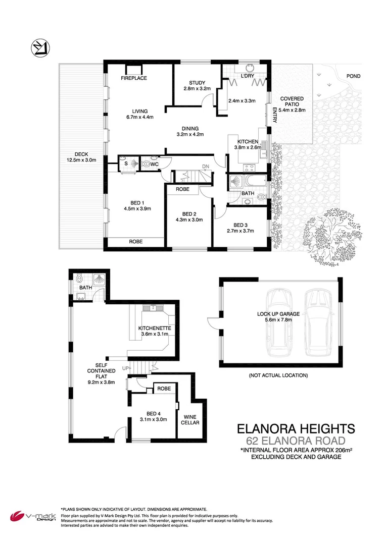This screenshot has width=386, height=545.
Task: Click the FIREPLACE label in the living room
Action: tap(134, 78)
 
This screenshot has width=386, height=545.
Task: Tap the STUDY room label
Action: tap(196, 83)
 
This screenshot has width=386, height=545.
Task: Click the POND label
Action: tap(353, 76)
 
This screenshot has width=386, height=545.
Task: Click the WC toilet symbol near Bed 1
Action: tap(147, 163)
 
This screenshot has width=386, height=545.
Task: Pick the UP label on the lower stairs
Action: tap(125, 369)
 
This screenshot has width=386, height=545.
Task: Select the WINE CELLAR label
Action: tap(190, 420)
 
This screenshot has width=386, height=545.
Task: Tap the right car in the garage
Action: tap(316, 323)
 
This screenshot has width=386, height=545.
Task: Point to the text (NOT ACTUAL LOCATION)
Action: tap(278, 375)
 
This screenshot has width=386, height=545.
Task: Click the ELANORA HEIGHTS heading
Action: tap(296, 428)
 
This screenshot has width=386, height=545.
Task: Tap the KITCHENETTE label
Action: tap(155, 329)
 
